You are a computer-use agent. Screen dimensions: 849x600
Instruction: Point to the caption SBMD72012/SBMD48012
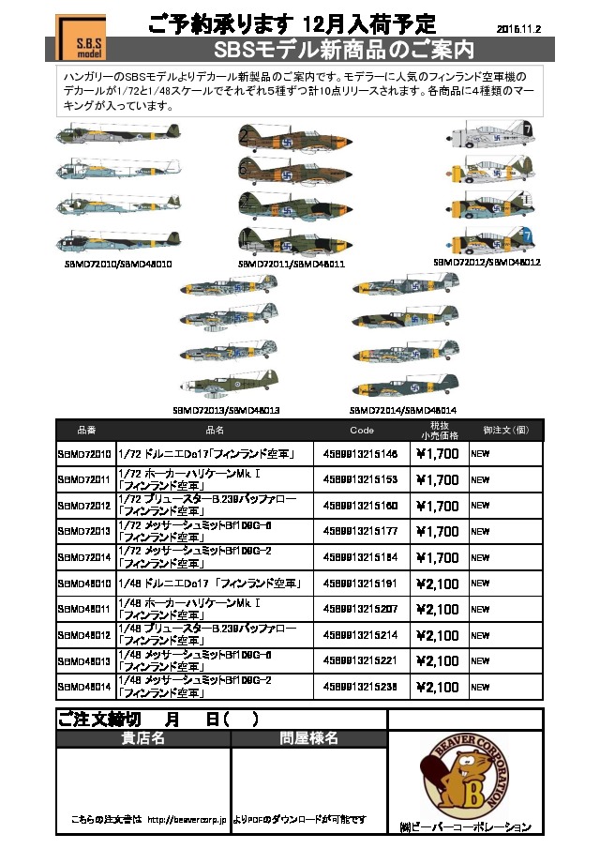487,263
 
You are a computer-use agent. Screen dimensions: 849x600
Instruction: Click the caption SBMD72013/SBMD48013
226,410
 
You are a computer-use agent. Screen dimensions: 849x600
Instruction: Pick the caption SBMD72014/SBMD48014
403,410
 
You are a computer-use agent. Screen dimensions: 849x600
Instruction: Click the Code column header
361,430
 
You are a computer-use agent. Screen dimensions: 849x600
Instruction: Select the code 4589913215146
361,454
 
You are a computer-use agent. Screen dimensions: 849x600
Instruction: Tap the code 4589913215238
361,687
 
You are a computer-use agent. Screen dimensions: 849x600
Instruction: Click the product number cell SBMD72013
84,531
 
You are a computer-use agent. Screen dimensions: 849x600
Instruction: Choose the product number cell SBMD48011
84,609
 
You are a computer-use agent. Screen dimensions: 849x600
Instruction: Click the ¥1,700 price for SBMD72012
437,506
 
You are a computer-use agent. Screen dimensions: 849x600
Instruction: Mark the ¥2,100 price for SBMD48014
437,687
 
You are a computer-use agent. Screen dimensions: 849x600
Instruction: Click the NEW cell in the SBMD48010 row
481,584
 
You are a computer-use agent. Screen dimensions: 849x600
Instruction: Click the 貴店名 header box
142,738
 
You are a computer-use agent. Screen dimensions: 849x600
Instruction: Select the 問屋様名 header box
308,738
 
